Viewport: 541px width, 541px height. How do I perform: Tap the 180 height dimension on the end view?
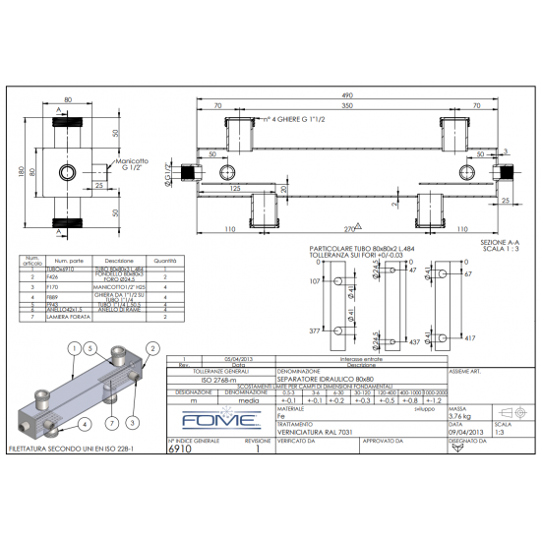[19, 173]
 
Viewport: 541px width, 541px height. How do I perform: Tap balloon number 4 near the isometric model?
[87, 424]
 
